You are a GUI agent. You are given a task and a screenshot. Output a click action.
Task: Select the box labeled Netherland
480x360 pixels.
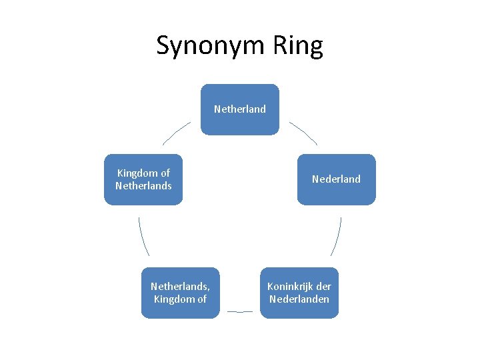(x=240, y=109)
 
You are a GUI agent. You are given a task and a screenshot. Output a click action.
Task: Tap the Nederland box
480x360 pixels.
(x=337, y=179)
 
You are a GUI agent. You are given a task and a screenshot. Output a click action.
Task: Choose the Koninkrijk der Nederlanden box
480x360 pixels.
(x=299, y=293)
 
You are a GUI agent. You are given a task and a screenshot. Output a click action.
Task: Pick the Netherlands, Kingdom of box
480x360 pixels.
(x=180, y=293)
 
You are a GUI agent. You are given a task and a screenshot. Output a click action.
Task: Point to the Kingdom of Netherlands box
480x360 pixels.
(x=143, y=179)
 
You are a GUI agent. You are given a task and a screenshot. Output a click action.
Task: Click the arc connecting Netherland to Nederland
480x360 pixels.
(x=304, y=132)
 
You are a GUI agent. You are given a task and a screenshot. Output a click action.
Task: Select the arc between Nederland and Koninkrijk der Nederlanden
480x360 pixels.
(x=337, y=237)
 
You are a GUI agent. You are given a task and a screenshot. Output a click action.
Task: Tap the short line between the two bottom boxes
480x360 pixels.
(x=240, y=311)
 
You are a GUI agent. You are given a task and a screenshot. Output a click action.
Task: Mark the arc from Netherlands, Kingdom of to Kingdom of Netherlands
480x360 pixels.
(x=143, y=237)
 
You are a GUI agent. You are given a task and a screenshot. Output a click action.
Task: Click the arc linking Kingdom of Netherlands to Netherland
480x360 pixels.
(x=176, y=132)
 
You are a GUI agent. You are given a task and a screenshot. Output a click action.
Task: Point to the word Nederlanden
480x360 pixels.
(x=299, y=299)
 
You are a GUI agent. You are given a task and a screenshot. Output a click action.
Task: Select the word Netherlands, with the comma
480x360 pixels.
(x=180, y=287)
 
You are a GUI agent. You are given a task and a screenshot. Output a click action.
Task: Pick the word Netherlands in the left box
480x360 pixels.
(x=143, y=186)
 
